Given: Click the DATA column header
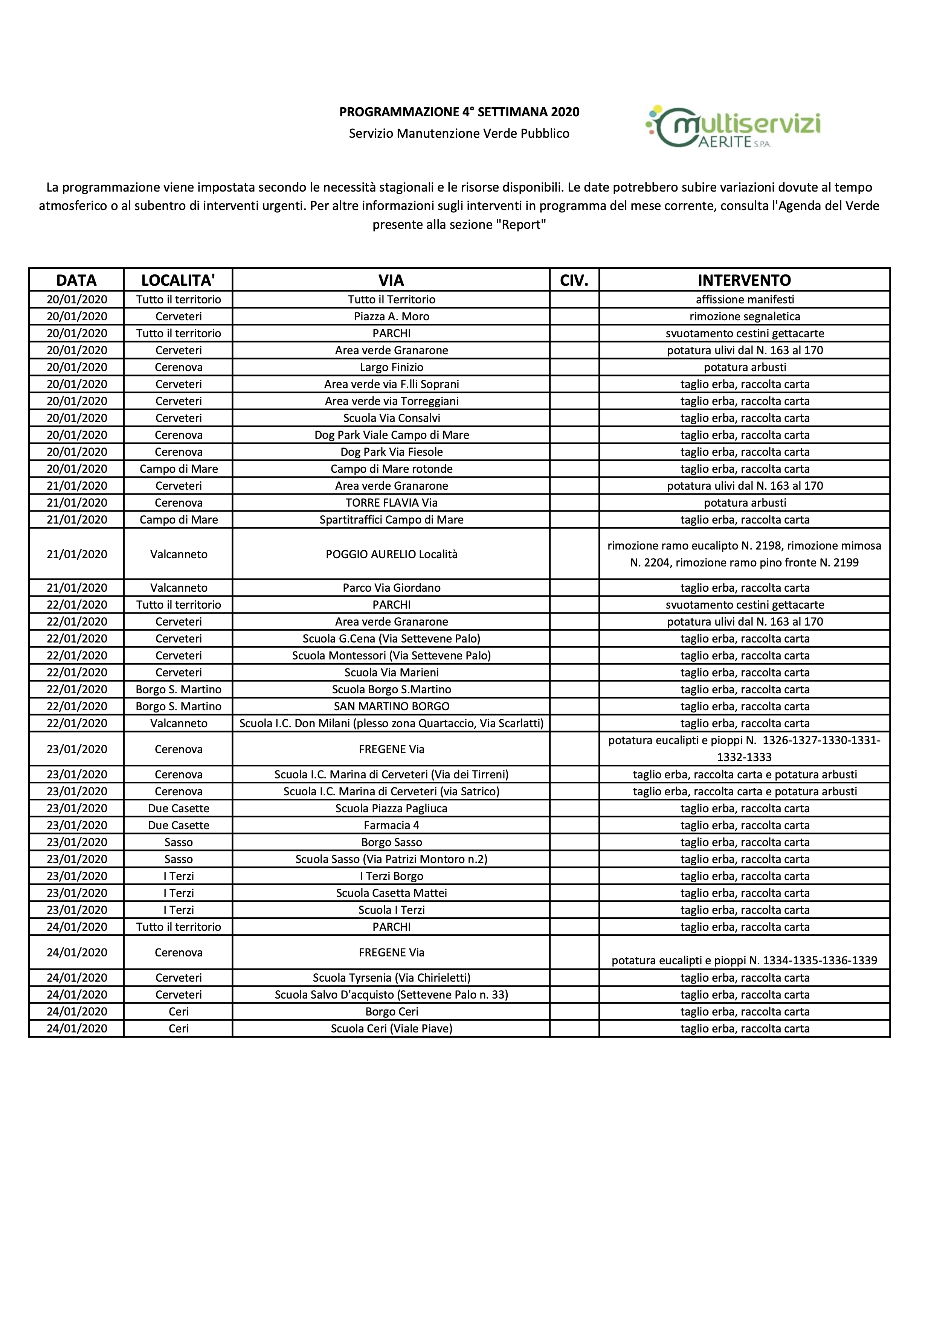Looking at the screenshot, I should (76, 280).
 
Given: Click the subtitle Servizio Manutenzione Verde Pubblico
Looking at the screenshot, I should (459, 133).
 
